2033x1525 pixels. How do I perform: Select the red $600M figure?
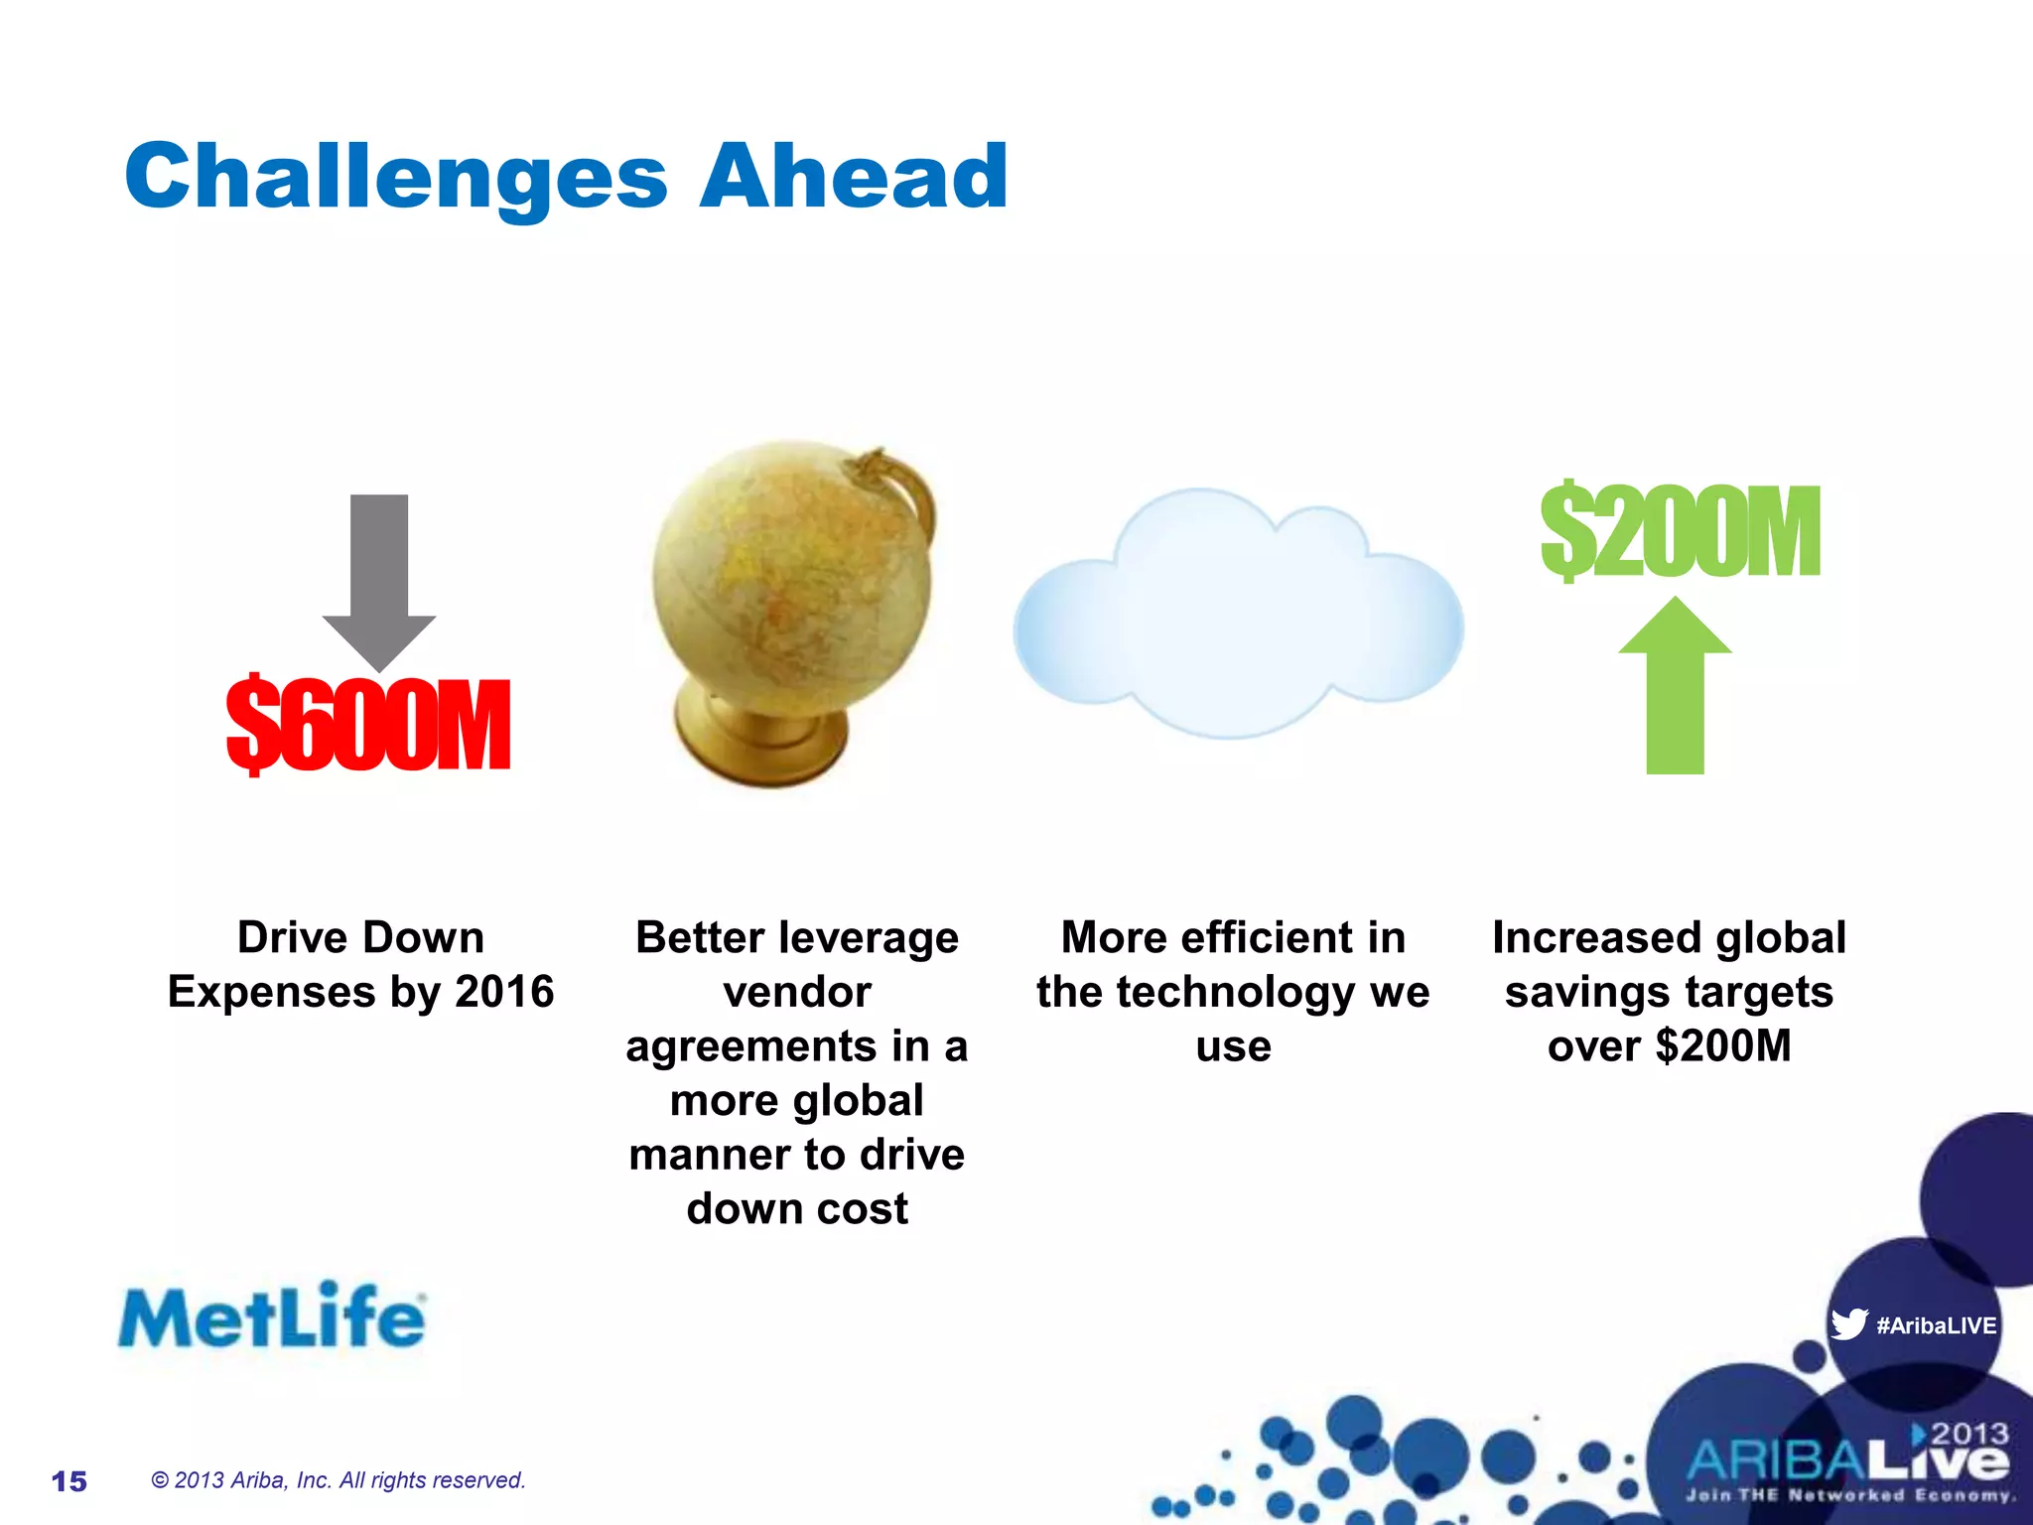pos(368,725)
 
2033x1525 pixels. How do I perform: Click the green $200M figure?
pos(1680,532)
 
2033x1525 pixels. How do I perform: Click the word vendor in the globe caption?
pos(797,992)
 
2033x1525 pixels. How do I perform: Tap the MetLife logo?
pos(272,1317)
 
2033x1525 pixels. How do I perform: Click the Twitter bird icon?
pos(1848,1324)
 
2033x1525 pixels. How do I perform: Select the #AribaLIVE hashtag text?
pos(1936,1325)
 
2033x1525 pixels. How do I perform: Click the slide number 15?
pos(69,1481)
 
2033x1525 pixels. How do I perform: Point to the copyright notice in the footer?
pos(338,1480)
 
